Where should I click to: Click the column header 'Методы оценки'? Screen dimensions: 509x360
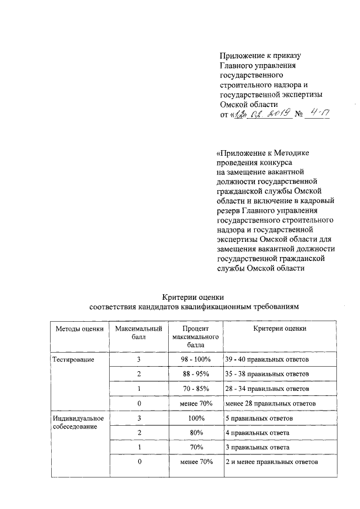tap(79, 329)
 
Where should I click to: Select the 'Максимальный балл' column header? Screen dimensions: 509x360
tap(138, 333)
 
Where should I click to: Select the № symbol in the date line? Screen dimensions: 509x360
tap(299, 115)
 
